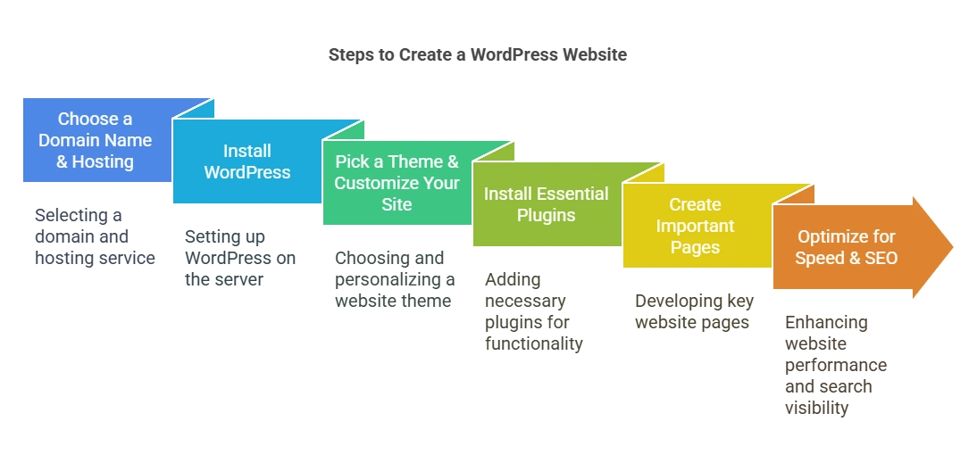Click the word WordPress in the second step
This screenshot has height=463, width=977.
(247, 172)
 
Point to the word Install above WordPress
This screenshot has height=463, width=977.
(247, 151)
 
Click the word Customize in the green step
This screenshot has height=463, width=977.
(372, 183)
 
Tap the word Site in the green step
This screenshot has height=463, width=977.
(397, 204)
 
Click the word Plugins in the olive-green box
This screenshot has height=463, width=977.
(547, 215)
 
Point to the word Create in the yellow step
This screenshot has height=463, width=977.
(695, 204)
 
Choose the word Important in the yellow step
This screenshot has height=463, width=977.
(695, 226)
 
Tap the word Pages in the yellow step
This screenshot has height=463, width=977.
(695, 247)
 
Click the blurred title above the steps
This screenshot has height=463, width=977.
(478, 55)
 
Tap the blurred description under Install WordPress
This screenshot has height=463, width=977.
(238, 257)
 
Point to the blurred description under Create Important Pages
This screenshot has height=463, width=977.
(695, 311)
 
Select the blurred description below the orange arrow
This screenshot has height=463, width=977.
(835, 365)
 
